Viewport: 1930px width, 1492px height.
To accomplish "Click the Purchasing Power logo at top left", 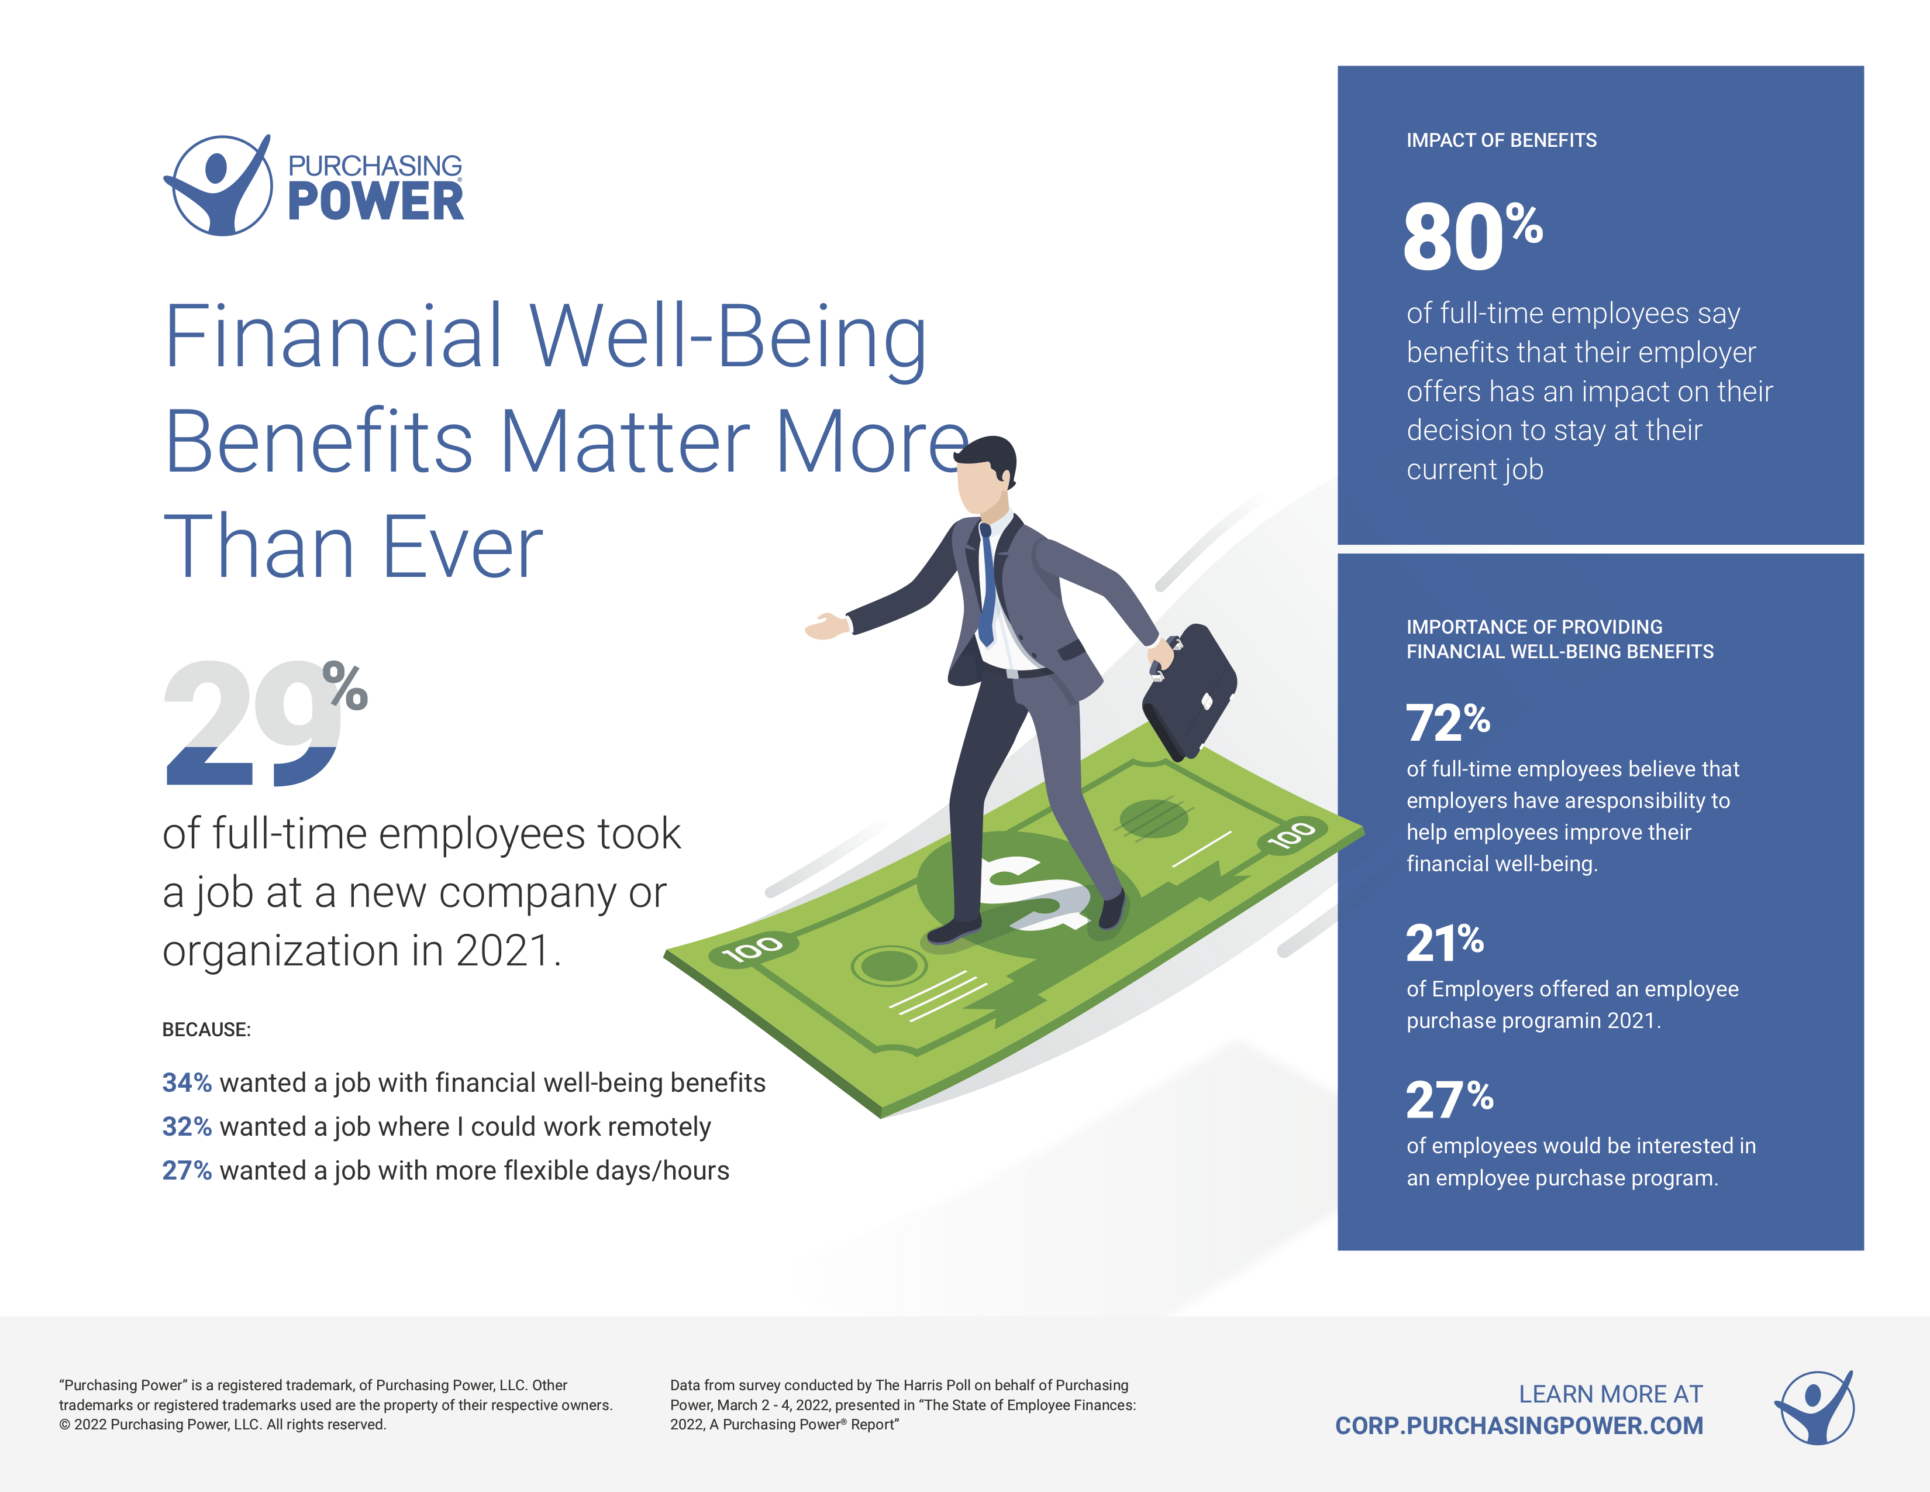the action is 313,185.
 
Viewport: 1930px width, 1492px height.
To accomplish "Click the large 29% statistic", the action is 265,722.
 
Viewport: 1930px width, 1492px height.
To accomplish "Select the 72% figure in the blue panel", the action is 1447,722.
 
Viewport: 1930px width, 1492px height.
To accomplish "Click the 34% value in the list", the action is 187,1083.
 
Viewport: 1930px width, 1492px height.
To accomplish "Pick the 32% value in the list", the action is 187,1127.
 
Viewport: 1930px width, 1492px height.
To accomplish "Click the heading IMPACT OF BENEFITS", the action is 1501,140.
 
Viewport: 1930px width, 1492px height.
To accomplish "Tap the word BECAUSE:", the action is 207,1030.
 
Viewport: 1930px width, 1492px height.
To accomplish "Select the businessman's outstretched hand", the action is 827,626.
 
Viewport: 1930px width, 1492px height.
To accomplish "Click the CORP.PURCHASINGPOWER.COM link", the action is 1519,1426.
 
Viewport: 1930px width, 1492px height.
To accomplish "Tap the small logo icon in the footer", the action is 1815,1408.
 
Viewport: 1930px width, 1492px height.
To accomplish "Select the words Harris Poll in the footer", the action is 937,1385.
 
